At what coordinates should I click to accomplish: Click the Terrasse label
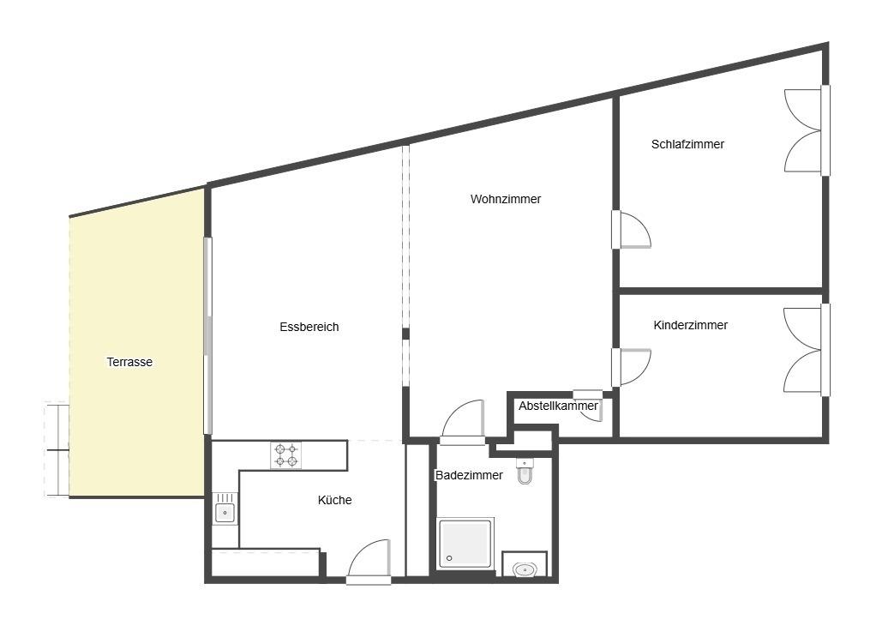tap(129, 363)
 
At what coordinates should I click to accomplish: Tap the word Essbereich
tap(309, 328)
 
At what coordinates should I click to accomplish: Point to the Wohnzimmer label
tap(506, 199)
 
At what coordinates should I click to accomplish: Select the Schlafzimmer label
tap(687, 144)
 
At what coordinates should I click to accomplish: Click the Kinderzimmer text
tap(690, 325)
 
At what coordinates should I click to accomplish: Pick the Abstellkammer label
tap(558, 406)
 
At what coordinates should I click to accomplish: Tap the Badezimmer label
tap(469, 475)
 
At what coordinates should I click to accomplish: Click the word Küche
tap(334, 500)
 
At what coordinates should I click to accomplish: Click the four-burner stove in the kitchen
tap(285, 455)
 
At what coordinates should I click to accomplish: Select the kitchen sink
tap(225, 509)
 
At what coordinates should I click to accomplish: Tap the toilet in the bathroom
tap(525, 471)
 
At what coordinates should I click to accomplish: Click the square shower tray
tap(465, 544)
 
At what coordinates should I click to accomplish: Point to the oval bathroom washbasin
tap(525, 569)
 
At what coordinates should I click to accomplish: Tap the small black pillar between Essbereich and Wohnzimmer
tap(405, 334)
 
